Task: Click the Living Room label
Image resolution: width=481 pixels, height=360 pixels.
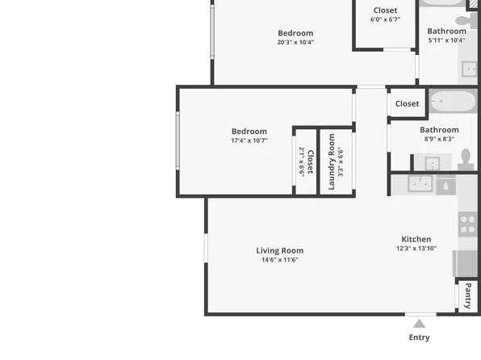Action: click(279, 250)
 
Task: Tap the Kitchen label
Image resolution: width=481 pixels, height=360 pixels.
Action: click(416, 239)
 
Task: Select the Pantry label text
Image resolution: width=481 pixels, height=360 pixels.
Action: click(468, 295)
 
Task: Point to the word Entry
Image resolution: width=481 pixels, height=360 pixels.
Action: click(419, 337)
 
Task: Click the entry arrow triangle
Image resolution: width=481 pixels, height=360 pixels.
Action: click(419, 324)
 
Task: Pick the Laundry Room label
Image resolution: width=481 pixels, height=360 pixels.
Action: click(331, 161)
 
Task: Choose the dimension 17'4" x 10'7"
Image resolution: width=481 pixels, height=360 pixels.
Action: click(249, 140)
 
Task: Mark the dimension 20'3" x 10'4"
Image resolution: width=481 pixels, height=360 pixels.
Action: click(295, 42)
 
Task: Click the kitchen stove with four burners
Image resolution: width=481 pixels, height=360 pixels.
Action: click(468, 224)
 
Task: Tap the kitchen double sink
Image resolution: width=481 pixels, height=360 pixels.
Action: click(419, 184)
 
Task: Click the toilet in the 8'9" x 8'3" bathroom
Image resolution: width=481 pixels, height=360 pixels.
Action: click(466, 161)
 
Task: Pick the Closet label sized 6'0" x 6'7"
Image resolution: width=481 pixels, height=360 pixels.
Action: click(385, 10)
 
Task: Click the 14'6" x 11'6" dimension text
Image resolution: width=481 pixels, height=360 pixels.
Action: click(279, 260)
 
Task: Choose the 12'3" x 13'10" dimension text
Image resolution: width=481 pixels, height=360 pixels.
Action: click(416, 249)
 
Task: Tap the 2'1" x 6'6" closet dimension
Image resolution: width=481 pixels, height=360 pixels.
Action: click(302, 161)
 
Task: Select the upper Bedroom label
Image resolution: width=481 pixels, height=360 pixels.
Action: click(295, 33)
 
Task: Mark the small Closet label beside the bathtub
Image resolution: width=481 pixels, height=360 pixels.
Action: click(407, 103)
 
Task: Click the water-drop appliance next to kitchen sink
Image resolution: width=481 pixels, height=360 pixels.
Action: click(445, 185)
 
